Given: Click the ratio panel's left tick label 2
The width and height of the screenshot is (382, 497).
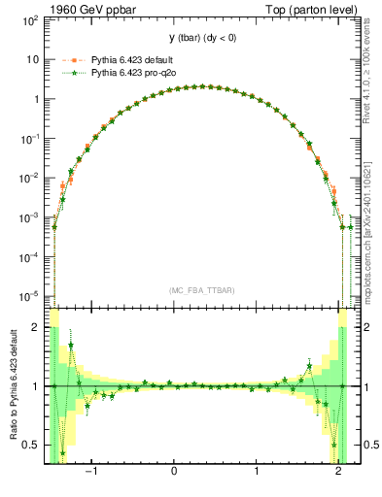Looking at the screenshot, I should pyautogui.click(x=36, y=328).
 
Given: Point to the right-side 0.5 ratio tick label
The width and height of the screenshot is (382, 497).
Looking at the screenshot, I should pyautogui.click(x=365, y=445).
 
